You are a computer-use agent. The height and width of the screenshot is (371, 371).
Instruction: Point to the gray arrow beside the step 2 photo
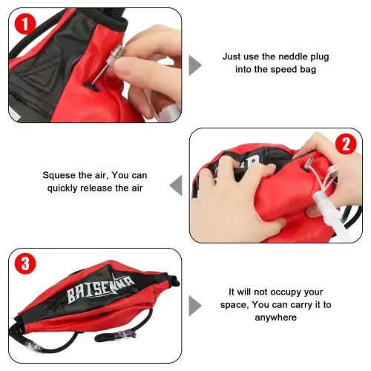point(176,185)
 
